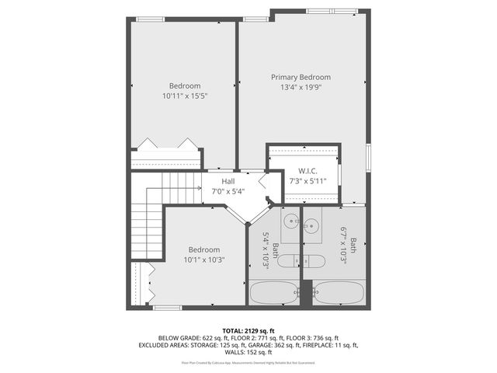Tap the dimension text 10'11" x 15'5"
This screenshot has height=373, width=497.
click(x=185, y=96)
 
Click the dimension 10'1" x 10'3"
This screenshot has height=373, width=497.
click(x=205, y=260)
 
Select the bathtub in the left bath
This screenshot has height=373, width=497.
click(x=273, y=294)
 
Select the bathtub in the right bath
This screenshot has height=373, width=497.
click(x=339, y=294)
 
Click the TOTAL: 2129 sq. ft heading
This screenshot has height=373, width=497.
click(x=248, y=330)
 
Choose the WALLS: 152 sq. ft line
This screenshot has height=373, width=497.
click(x=248, y=351)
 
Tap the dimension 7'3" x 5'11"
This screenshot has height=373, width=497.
click(x=308, y=181)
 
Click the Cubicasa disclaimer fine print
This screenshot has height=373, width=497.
click(x=248, y=362)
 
